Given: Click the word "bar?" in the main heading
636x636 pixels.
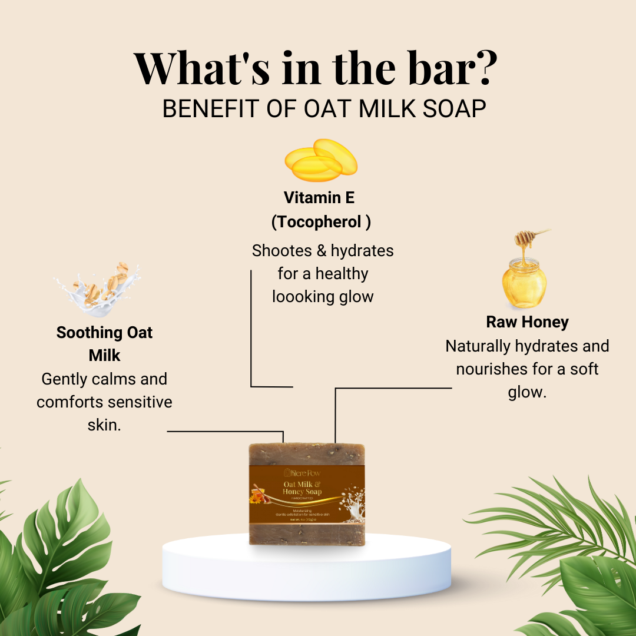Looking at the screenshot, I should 447,69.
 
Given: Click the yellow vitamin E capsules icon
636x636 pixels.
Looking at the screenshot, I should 321,160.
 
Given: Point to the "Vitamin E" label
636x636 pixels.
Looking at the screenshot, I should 319,197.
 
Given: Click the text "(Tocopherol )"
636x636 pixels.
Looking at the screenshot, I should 321,222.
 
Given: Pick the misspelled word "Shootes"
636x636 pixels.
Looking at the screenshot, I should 281,251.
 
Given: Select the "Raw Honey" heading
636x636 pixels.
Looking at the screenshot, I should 527,322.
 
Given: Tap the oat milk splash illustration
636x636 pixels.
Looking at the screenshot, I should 100,286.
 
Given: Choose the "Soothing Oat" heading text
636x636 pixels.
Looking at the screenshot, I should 104,333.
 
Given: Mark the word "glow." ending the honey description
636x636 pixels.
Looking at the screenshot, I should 527,392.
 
